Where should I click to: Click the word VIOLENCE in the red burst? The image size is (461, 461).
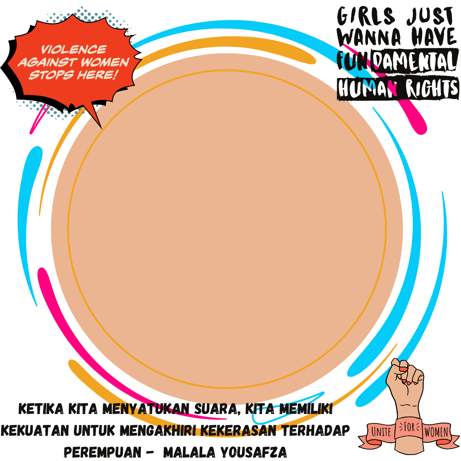pyautogui.click(x=74, y=50)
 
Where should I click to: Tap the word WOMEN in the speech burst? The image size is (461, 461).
pyautogui.click(x=105, y=62)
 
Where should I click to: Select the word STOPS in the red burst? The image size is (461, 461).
pyautogui.click(x=51, y=75)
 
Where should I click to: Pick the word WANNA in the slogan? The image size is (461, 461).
pyautogui.click(x=369, y=37)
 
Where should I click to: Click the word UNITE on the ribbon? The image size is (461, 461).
pyautogui.click(x=381, y=432)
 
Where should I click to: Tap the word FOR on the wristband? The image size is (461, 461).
pyautogui.click(x=409, y=427)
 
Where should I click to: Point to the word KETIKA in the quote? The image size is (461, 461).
pyautogui.click(x=41, y=408)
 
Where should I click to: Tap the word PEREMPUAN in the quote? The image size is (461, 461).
pyautogui.click(x=102, y=452)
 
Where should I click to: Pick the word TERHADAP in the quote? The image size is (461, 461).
pyautogui.click(x=316, y=430)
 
